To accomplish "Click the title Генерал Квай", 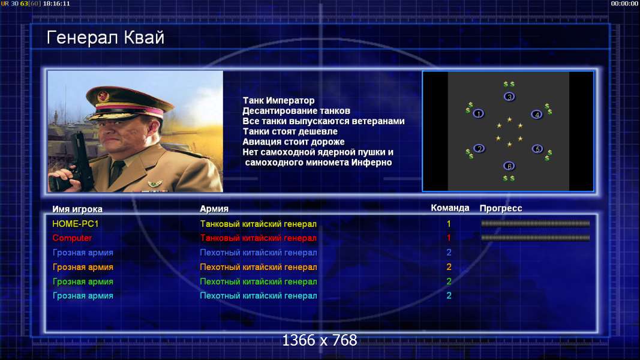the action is (106, 38).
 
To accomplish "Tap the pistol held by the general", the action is (77, 163).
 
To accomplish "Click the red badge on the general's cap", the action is (103, 97).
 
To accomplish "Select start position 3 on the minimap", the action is (509, 97).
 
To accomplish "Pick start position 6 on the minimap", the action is (509, 166).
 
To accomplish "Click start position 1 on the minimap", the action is (479, 113).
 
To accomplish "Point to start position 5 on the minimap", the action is (537, 149).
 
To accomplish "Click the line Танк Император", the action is (279, 100).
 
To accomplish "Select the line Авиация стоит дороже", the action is (293, 142).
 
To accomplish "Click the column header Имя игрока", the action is (77, 209).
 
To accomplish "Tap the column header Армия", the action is (214, 209).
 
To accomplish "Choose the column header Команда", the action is (450, 208).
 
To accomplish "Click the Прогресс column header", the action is (501, 208).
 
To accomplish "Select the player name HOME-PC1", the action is (76, 224).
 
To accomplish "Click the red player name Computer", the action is (72, 238).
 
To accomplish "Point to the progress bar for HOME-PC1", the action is (536, 224).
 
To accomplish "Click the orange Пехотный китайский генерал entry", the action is (259, 267).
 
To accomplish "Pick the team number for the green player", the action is (449, 281).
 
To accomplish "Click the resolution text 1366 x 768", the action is (320, 340).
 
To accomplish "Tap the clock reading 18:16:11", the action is (56, 4).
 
